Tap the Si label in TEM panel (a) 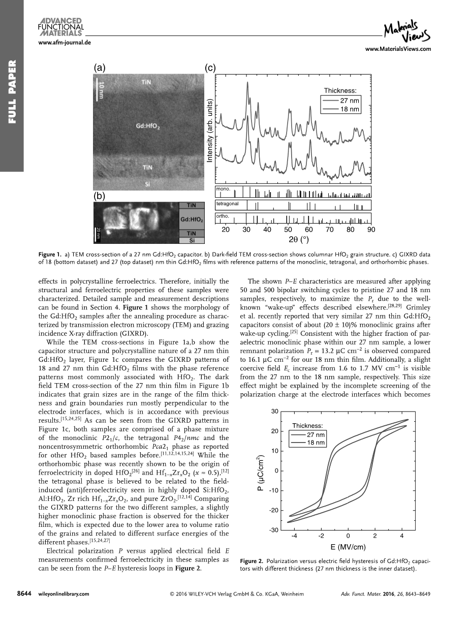pos(146,184)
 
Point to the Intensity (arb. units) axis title pos(209,131)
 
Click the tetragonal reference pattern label pos(228,203)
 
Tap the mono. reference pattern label pos(223,189)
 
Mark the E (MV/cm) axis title pos(348,547)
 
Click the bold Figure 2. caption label pos(252,561)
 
